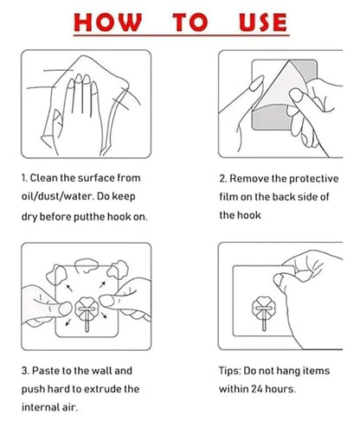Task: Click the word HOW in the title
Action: coord(107,22)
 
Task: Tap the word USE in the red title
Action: coord(263,22)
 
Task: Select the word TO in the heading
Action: coord(190,22)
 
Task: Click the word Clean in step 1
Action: coord(44,178)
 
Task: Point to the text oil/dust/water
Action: coord(58,196)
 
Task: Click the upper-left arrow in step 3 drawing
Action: coord(69,288)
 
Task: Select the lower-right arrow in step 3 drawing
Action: coord(104,315)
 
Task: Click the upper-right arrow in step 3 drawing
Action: coord(102,284)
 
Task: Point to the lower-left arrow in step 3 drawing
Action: coord(67,322)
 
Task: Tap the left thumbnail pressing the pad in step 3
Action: coord(65,309)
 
